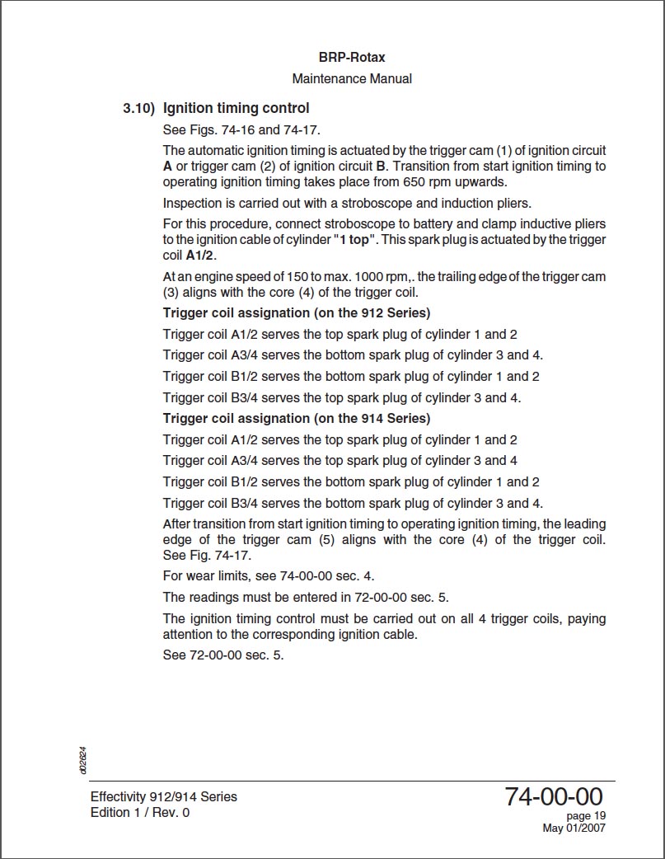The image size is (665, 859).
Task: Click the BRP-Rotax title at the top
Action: (x=352, y=58)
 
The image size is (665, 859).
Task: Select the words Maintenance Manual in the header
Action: (x=352, y=79)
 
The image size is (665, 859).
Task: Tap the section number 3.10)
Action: (x=138, y=108)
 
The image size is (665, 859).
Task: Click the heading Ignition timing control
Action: (x=236, y=108)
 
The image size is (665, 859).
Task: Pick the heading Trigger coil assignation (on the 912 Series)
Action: (x=297, y=313)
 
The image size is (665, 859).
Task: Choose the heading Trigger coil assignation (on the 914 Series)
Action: (x=297, y=419)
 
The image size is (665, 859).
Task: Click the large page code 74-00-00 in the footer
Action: (x=554, y=797)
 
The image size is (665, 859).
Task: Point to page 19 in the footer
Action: (x=587, y=816)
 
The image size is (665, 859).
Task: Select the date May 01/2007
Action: (x=574, y=828)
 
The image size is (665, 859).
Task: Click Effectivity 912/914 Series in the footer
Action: (x=164, y=797)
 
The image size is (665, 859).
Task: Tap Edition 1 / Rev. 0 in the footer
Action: (x=140, y=813)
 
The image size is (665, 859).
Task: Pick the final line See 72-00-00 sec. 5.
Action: (x=223, y=655)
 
